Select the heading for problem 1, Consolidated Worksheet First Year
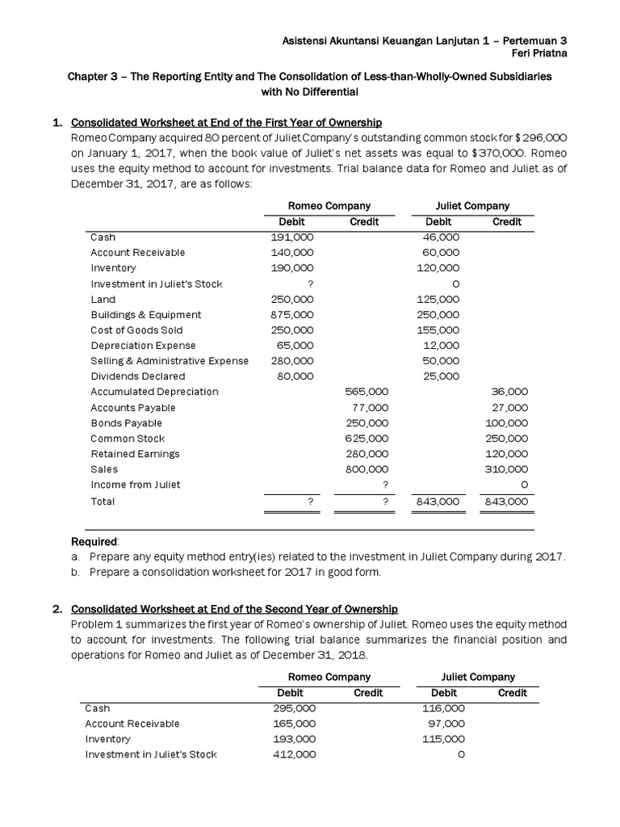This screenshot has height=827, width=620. [227, 123]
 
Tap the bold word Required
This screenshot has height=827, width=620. [95, 540]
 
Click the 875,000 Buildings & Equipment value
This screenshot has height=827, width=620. [292, 314]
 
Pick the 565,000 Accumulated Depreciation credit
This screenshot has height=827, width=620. [367, 392]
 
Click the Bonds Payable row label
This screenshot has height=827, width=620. [126, 423]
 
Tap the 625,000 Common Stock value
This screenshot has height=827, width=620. [367, 439]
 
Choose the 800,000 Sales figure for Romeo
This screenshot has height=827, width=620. [367, 469]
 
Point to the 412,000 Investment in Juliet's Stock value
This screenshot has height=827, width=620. [295, 754]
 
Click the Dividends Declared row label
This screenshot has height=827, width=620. [137, 376]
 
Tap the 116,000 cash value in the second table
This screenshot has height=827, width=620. [443, 708]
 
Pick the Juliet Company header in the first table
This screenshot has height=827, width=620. [472, 206]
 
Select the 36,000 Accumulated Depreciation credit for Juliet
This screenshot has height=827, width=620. [509, 392]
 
